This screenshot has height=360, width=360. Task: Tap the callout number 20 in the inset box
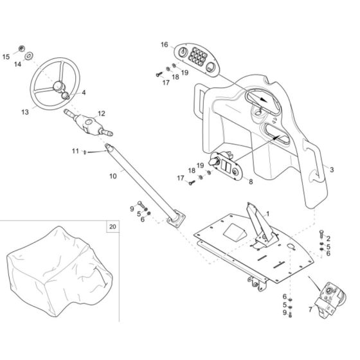(x=113, y=227)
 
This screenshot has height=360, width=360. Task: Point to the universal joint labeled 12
(x=87, y=122)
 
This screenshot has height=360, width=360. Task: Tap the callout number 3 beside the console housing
(x=331, y=170)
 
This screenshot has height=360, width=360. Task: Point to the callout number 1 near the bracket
(x=267, y=213)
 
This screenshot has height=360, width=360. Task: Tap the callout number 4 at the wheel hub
(x=82, y=93)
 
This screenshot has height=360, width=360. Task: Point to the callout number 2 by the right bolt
(x=327, y=239)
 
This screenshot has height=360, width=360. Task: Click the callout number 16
(x=165, y=44)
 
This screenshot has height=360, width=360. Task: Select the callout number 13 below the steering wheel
(x=25, y=112)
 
